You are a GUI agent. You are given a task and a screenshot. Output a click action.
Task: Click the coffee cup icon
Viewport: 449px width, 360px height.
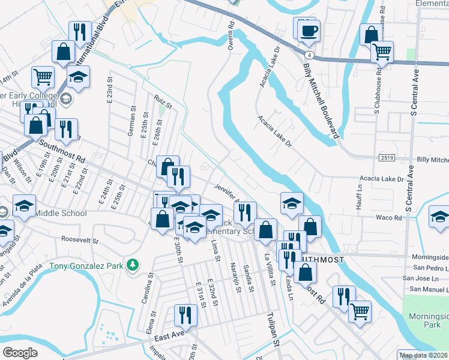point(309,31)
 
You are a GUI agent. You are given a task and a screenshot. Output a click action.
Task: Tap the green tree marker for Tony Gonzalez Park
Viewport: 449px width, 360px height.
point(133,265)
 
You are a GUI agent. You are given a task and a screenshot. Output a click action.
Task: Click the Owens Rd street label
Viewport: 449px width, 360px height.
point(231,37)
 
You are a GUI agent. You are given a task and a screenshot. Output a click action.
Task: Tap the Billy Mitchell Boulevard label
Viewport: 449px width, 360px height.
point(322,103)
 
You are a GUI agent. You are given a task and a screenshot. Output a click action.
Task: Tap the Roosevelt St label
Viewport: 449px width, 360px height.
point(80,239)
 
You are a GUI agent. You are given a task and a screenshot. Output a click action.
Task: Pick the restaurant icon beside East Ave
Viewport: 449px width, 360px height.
point(185,316)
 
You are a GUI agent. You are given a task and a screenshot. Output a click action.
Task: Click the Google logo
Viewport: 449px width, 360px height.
point(20,353)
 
